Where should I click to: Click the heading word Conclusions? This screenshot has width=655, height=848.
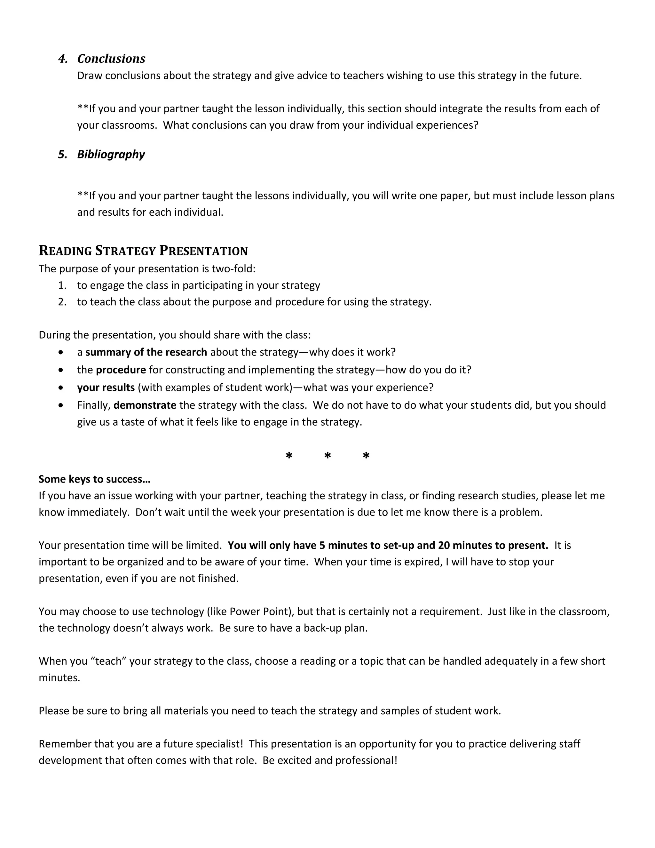pyautogui.click(x=111, y=59)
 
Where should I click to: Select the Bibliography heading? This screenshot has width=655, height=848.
pyautogui.click(x=111, y=155)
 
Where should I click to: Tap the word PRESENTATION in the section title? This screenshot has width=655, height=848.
pyautogui.click(x=203, y=251)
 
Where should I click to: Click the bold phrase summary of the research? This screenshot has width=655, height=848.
pyautogui.click(x=146, y=352)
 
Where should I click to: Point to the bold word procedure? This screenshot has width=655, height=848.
pyautogui.click(x=121, y=370)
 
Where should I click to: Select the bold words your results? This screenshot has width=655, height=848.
pyautogui.click(x=106, y=388)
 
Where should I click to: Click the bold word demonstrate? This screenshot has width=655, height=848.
pyautogui.click(x=145, y=405)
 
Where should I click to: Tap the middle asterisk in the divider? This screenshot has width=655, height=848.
pyautogui.click(x=327, y=456)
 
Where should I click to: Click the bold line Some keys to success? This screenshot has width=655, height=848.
pyautogui.click(x=94, y=479)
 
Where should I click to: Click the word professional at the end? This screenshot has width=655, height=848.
pyautogui.click(x=366, y=760)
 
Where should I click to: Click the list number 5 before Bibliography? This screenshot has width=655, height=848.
pyautogui.click(x=62, y=155)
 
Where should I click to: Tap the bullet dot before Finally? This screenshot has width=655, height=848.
pyautogui.click(x=61, y=405)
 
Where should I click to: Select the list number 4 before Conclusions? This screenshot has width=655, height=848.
pyautogui.click(x=62, y=59)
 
